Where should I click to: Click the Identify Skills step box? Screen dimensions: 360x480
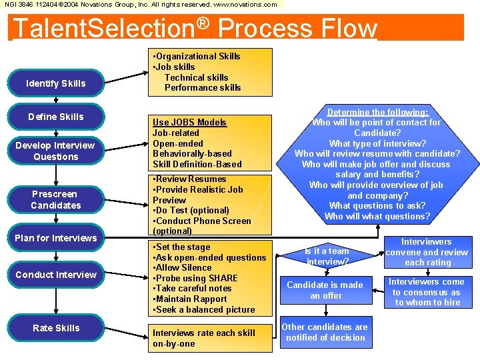coord(56,83)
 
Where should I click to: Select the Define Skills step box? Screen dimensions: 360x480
coord(56,117)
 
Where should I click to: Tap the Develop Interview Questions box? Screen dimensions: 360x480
coord(56,151)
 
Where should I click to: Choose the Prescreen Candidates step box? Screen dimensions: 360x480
coord(56,200)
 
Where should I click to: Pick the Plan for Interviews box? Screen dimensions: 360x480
coord(56,238)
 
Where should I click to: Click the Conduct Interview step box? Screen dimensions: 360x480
coord(56,275)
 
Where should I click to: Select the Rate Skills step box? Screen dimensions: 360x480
coord(56,328)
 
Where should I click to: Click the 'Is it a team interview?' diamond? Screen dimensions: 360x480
coord(327,257)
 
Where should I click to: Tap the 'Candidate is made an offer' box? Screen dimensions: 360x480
coord(325,290)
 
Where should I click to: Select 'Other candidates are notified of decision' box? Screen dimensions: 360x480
coord(325,332)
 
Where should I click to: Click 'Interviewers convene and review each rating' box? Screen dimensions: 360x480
coord(427,252)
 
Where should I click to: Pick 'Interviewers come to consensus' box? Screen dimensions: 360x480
coord(427,292)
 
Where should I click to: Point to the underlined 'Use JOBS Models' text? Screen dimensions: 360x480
coord(189,122)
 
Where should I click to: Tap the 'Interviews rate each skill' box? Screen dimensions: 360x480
coord(203,337)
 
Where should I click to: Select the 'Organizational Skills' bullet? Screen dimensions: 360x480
coord(197,57)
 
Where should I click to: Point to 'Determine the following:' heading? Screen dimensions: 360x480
coord(377,112)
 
